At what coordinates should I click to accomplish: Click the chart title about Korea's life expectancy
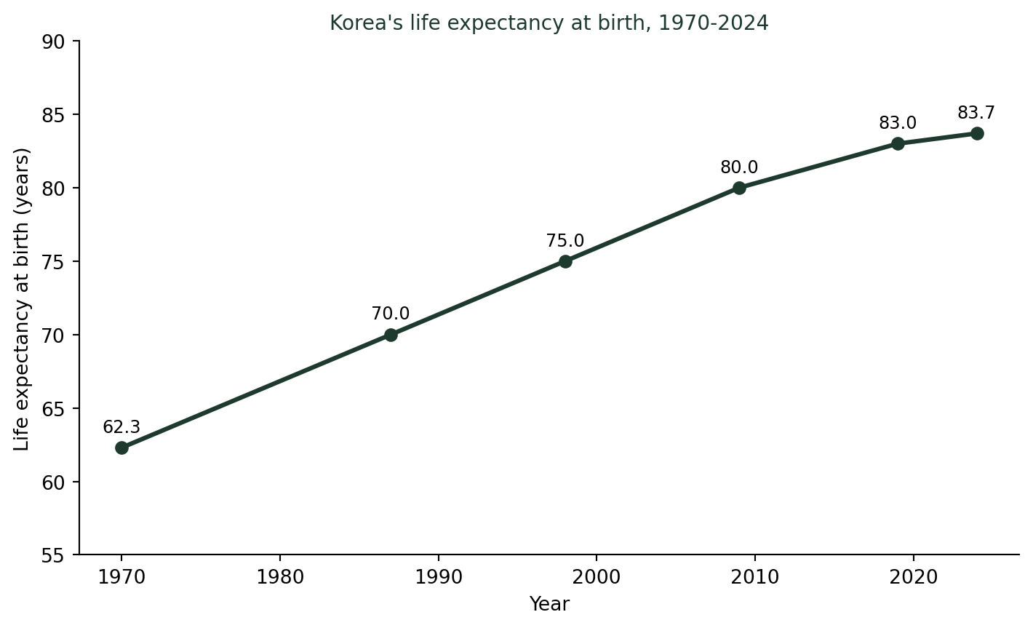(549, 23)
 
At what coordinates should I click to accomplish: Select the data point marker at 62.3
(121, 448)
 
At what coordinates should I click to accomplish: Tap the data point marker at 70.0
(391, 335)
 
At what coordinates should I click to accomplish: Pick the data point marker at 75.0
(565, 261)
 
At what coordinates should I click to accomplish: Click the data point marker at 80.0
(739, 188)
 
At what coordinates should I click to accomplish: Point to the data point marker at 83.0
(898, 143)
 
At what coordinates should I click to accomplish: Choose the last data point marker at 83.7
(977, 133)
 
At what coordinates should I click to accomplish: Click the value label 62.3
(121, 427)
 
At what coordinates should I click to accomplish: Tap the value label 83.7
(976, 113)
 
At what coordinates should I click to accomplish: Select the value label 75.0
(565, 240)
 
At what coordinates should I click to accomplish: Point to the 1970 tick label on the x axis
(121, 577)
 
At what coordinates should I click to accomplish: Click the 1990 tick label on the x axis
(439, 577)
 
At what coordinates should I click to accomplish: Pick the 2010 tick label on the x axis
(755, 577)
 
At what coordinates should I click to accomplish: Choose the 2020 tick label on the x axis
(914, 577)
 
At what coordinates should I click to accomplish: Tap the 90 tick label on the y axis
(53, 42)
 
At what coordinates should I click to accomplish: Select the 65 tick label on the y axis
(53, 409)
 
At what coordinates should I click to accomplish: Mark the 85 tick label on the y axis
(53, 116)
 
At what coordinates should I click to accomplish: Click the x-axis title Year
(549, 604)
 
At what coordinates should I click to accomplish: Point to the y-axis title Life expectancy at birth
(22, 300)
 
